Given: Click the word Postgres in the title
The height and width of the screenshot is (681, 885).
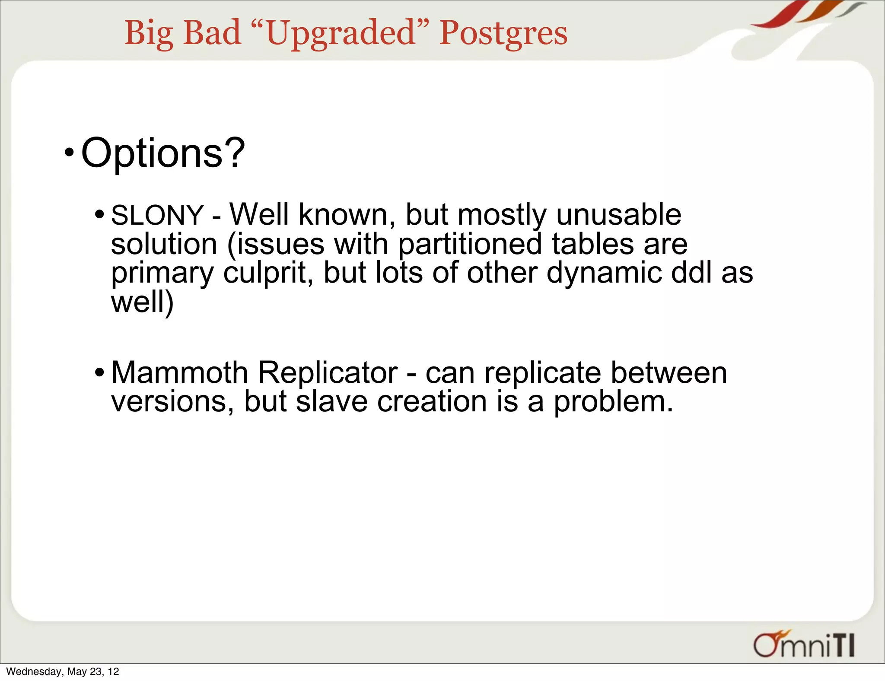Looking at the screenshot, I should pyautogui.click(x=503, y=34).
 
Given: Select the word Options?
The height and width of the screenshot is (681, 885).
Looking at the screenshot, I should pyautogui.click(x=163, y=153).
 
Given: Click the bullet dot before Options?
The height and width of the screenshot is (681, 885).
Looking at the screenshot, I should pyautogui.click(x=69, y=153).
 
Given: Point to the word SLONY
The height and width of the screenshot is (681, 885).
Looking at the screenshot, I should pyautogui.click(x=157, y=215).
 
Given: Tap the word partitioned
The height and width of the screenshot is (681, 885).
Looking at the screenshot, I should pyautogui.click(x=470, y=245).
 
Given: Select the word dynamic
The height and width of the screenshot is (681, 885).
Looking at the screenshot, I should pyautogui.click(x=604, y=273).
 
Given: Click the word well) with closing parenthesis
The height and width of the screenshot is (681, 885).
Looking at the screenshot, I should pyautogui.click(x=142, y=302).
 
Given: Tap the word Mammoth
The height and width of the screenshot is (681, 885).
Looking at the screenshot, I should pyautogui.click(x=179, y=372).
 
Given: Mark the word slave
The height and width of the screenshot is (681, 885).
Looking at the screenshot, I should pyautogui.click(x=331, y=402).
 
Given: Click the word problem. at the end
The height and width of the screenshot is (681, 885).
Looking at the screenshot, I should pyautogui.click(x=613, y=402).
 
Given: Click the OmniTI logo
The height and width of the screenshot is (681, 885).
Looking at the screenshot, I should pyautogui.click(x=804, y=644).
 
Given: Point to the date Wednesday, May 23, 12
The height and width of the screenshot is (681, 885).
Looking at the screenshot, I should pyautogui.click(x=63, y=671).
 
